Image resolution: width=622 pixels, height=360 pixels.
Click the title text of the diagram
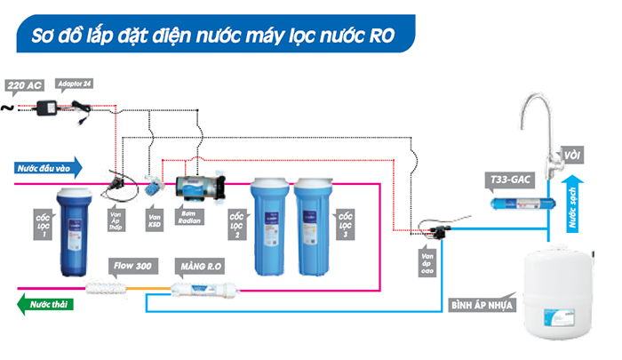coord(213,36)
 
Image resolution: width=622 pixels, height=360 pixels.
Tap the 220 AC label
coord(23,86)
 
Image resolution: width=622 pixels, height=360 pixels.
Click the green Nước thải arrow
coord(44,303)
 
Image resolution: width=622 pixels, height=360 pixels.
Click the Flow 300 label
coord(129,266)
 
